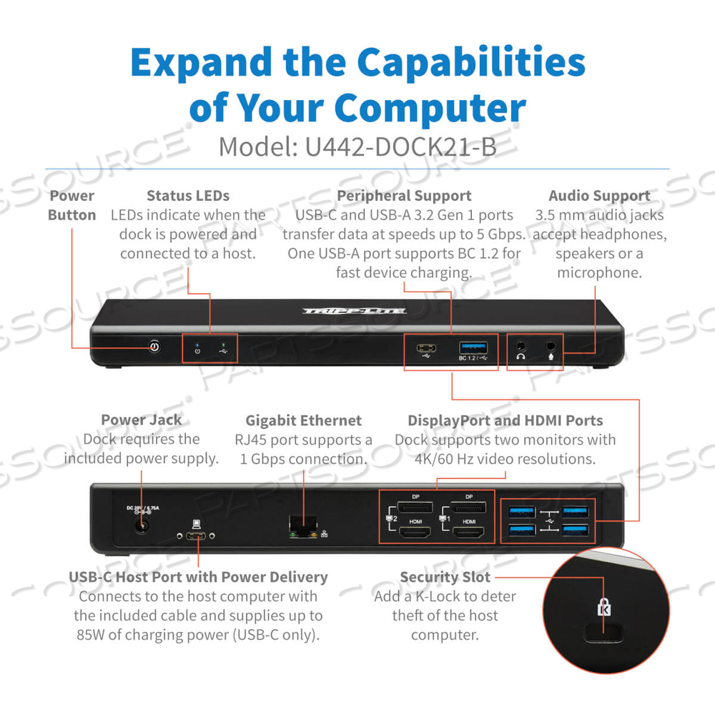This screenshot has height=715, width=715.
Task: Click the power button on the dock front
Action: (x=154, y=347)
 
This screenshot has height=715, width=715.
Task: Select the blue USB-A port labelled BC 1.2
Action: (x=473, y=347)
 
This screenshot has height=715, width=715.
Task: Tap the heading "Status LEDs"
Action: (x=188, y=195)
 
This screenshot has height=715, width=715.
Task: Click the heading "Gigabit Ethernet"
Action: (x=304, y=420)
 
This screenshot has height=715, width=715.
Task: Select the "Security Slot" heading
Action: (x=445, y=577)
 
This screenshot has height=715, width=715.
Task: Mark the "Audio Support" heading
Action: (x=599, y=195)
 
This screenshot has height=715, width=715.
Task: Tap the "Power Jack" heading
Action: (x=141, y=420)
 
